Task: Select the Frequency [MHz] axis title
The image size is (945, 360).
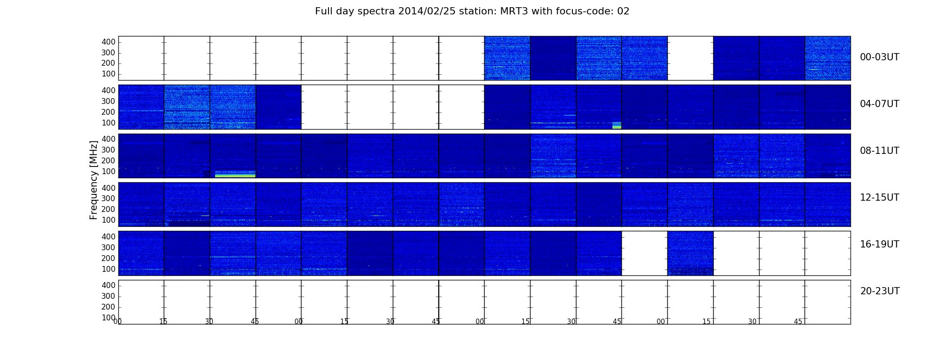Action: (94, 180)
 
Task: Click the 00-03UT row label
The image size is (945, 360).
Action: (880, 57)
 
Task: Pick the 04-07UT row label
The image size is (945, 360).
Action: (880, 104)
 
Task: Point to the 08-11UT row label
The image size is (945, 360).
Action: (880, 151)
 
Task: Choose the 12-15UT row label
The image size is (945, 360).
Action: (880, 198)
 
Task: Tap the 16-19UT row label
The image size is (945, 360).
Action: (880, 244)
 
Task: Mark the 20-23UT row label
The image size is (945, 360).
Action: (880, 291)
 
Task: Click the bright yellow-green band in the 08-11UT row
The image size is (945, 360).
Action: (235, 174)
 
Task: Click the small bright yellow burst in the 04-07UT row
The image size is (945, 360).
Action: (617, 125)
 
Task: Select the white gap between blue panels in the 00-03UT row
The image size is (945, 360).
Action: (690, 58)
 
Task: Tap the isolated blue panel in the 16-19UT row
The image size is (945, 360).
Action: (690, 253)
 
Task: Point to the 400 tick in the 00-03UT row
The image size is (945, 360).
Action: (108, 42)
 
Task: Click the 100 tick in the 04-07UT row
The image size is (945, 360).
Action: (108, 123)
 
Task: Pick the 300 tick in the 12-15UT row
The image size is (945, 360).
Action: (108, 198)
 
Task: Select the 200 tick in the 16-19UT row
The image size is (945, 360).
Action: (108, 258)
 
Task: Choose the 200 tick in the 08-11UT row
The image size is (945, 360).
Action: (108, 161)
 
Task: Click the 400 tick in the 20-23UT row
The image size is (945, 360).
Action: (108, 285)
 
